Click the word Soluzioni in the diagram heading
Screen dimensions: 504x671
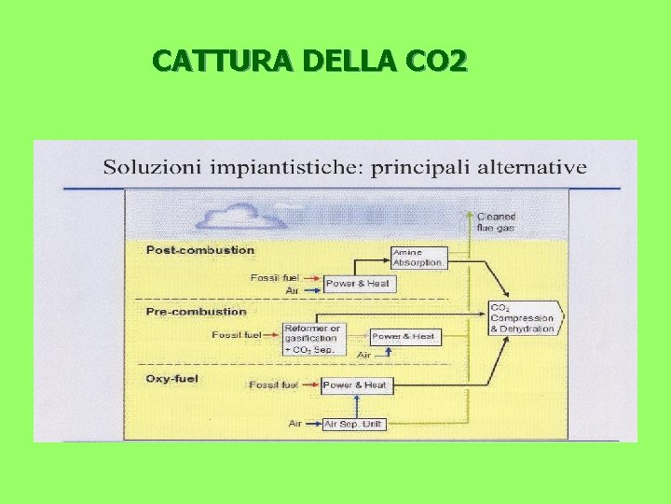tap(150, 168)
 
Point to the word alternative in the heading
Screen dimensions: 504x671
tap(531, 168)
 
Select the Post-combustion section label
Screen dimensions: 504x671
tap(200, 250)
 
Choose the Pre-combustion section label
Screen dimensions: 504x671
tap(197, 312)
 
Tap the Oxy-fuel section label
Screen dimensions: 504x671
tap(173, 378)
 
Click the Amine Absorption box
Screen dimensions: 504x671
tap(418, 258)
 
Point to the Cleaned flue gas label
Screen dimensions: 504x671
tap(497, 221)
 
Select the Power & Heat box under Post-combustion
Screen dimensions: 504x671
tap(356, 283)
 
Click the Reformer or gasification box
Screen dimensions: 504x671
tap(313, 339)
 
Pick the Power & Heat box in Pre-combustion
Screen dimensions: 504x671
tap(404, 337)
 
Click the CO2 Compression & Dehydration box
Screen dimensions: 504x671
tap(526, 318)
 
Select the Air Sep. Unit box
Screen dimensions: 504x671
tap(355, 424)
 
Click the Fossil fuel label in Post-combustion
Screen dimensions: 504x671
tap(276, 278)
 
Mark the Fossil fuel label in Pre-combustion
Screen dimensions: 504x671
tap(237, 334)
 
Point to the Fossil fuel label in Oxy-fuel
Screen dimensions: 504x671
tap(274, 385)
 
